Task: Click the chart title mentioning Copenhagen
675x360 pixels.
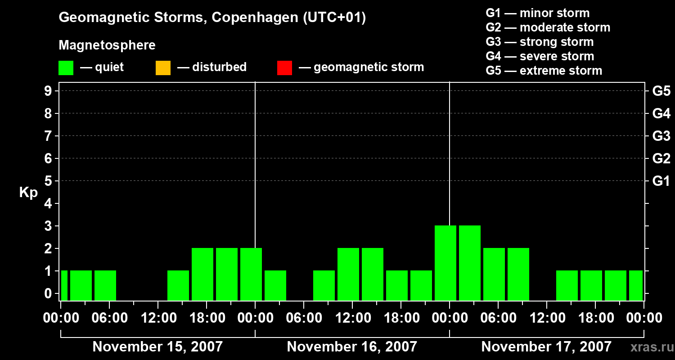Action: click(212, 18)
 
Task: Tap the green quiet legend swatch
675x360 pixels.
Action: click(66, 67)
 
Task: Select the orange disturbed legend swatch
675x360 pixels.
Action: click(163, 67)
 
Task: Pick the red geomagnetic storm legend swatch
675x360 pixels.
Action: click(284, 67)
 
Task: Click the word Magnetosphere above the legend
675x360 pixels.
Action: click(107, 45)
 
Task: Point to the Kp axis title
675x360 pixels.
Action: click(28, 193)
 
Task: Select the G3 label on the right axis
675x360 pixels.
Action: click(661, 136)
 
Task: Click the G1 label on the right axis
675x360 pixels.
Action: click(661, 181)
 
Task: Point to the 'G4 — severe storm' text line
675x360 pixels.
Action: click(540, 56)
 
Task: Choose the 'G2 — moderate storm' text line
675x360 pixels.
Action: click(548, 27)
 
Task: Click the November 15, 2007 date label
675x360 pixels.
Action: click(157, 347)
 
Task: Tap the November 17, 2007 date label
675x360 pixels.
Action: click(546, 347)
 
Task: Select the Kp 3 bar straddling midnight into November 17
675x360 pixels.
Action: click(445, 263)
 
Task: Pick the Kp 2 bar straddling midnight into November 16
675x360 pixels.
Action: click(251, 274)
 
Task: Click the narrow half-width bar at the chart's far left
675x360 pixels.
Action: click(64, 285)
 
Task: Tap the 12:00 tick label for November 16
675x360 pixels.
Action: click(352, 318)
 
